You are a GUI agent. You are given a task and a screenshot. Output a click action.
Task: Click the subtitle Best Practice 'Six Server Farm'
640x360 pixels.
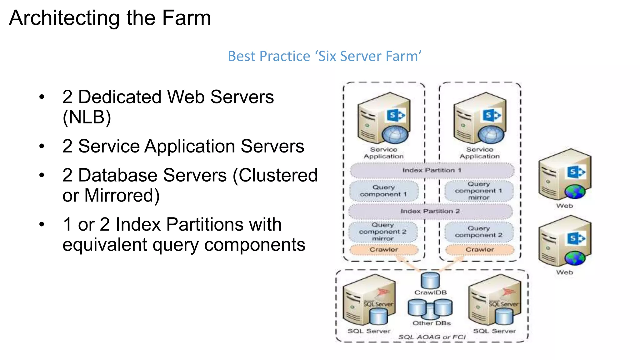pos(324,56)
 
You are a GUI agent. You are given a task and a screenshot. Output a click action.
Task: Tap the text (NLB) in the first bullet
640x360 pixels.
pos(87,117)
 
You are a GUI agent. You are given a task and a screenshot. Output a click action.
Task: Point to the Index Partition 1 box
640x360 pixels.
pos(432,170)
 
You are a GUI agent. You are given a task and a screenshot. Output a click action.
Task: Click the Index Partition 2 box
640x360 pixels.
pos(430,211)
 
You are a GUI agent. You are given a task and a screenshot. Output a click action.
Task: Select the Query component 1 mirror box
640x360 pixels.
pos(479,191)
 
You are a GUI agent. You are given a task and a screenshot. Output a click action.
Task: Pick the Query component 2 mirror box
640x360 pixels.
pos(383,232)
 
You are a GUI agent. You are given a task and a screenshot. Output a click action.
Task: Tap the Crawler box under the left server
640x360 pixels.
pos(384,250)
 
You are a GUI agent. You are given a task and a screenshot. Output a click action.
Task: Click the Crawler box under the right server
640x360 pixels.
pos(480,250)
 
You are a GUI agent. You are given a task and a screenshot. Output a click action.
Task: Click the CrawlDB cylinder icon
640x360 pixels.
pos(430,280)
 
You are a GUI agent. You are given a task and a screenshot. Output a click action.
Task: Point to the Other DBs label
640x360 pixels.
pos(432,323)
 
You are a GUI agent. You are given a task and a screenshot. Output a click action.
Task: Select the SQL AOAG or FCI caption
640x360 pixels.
pos(432,337)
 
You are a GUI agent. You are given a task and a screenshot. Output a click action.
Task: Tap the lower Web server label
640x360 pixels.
pos(564,272)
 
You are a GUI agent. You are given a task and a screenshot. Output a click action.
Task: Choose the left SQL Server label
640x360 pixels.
pos(369,331)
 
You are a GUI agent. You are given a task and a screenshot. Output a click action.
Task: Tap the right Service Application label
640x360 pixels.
pos(480,153)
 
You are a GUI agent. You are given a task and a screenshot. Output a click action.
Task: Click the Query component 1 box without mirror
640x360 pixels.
pos(384,191)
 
